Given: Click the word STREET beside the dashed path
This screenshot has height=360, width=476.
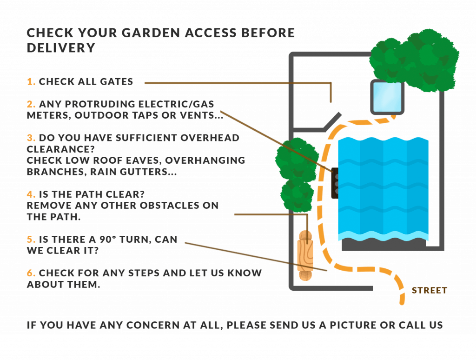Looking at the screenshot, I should [x=429, y=291].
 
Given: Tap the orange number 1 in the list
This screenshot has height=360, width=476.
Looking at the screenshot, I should [x=31, y=82].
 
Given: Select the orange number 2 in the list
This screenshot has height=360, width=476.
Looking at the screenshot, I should [x=31, y=104].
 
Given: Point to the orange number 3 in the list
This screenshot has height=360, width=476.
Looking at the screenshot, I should [x=31, y=138].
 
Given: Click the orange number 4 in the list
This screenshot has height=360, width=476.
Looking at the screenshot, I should [x=31, y=194].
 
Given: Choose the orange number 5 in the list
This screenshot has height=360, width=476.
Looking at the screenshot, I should [x=31, y=240].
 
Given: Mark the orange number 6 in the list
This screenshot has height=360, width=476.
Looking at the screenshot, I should [x=31, y=273].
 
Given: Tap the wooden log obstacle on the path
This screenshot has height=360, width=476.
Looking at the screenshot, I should [x=305, y=255].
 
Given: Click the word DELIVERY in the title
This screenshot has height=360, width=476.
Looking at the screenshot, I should [x=60, y=48].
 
